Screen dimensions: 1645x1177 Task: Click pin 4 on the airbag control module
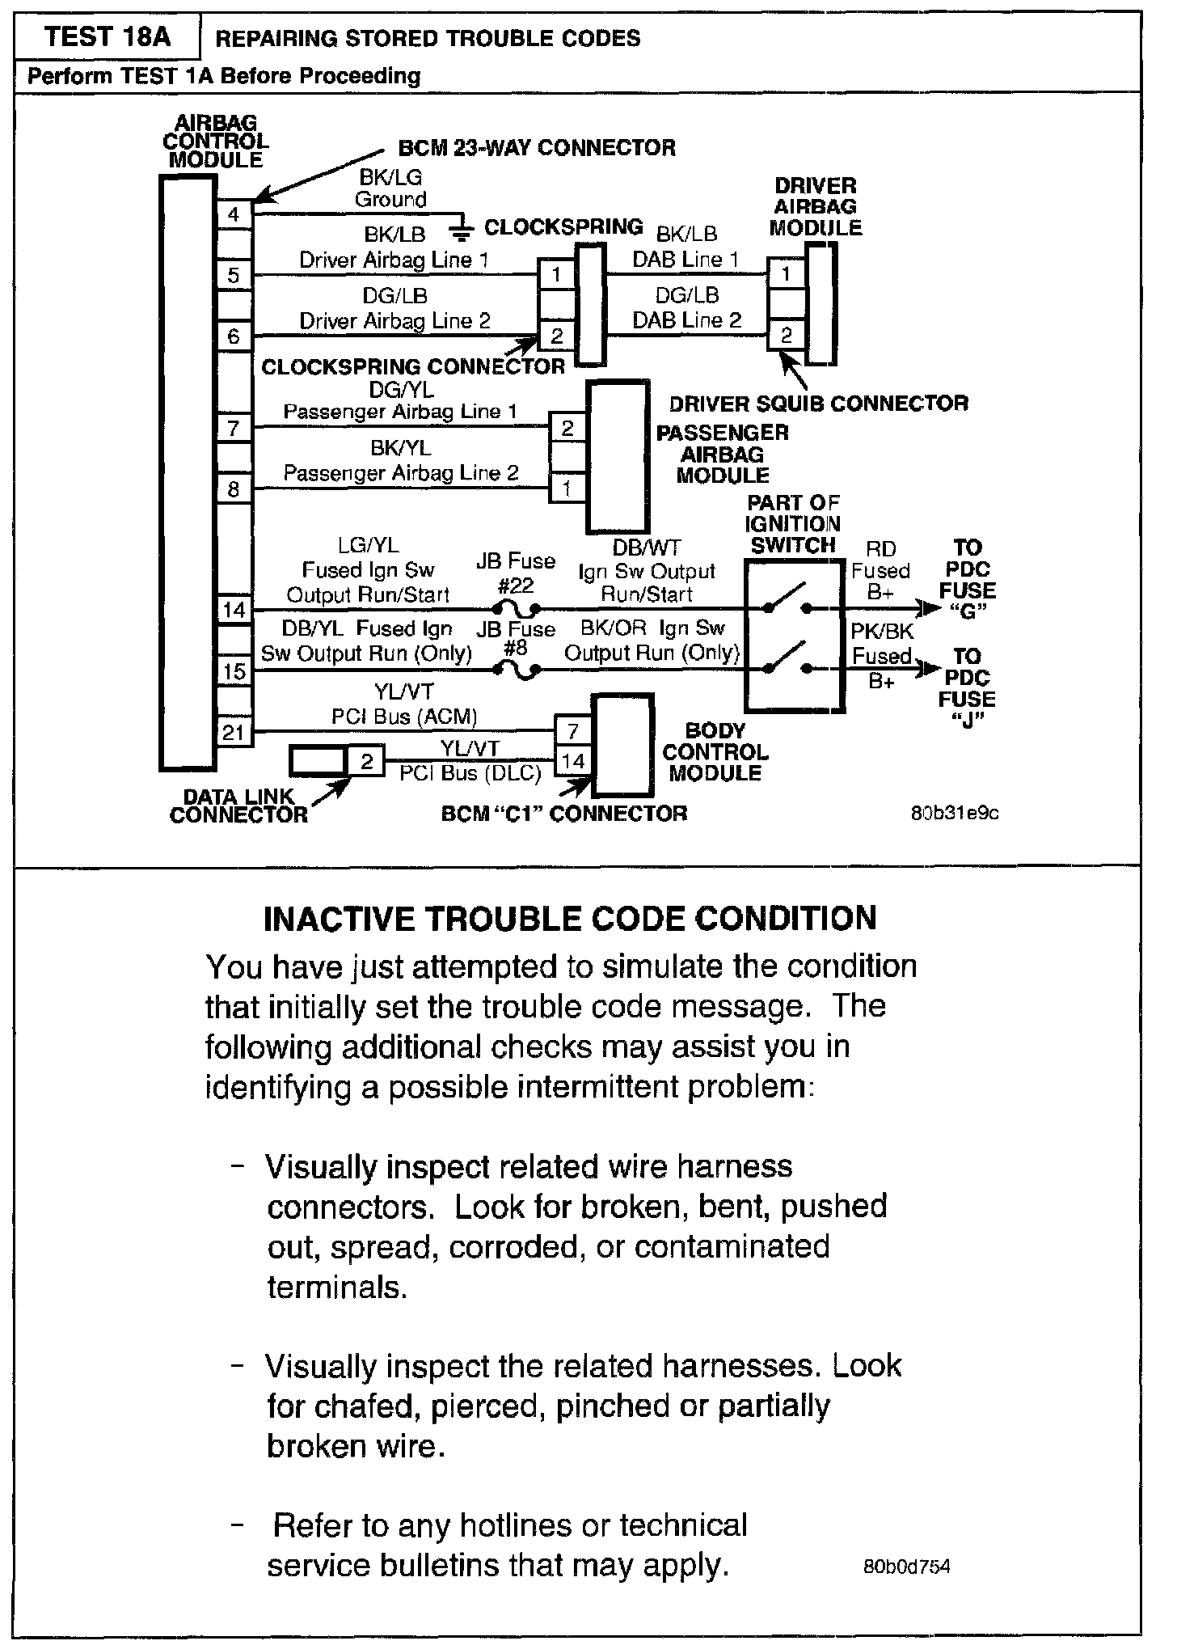pyautogui.click(x=234, y=214)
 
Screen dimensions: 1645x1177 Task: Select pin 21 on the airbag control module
pyautogui.click(x=234, y=733)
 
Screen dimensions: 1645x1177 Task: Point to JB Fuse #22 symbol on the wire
pyautogui.click(x=517, y=608)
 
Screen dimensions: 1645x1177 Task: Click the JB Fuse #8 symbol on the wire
pyautogui.click(x=517, y=670)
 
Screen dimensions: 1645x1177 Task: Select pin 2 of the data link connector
pyautogui.click(x=366, y=761)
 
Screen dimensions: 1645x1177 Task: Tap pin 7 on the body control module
pyautogui.click(x=572, y=732)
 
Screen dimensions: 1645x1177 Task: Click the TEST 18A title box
pyautogui.click(x=107, y=37)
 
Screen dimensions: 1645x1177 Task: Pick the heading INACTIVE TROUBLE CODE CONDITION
pyautogui.click(x=570, y=918)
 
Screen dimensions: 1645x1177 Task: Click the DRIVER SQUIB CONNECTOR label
pyautogui.click(x=818, y=403)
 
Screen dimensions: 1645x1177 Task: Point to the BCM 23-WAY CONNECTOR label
pyautogui.click(x=537, y=148)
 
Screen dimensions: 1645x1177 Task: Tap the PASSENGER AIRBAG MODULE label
pyautogui.click(x=722, y=454)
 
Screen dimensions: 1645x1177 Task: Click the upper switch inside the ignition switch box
pyautogui.click(x=785, y=600)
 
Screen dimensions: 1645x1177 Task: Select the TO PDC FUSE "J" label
pyautogui.click(x=967, y=688)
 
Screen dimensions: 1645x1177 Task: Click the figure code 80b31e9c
pyautogui.click(x=955, y=813)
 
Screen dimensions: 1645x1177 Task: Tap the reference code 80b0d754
pyautogui.click(x=906, y=1567)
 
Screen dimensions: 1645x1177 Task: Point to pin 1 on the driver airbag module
pyautogui.click(x=786, y=274)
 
